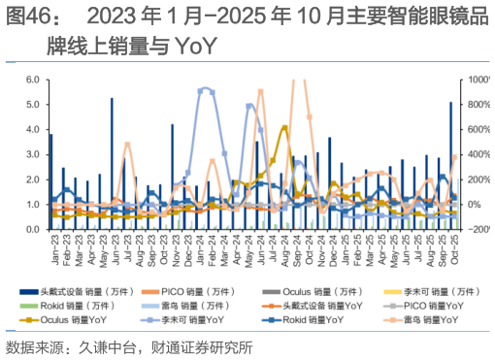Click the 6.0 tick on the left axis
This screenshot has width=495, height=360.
point(32,81)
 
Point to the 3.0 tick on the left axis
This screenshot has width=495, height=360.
point(32,155)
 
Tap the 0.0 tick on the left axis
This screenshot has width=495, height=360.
point(32,229)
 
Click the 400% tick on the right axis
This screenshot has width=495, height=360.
point(478,155)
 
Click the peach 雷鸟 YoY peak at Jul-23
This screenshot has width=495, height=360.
point(127,145)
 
